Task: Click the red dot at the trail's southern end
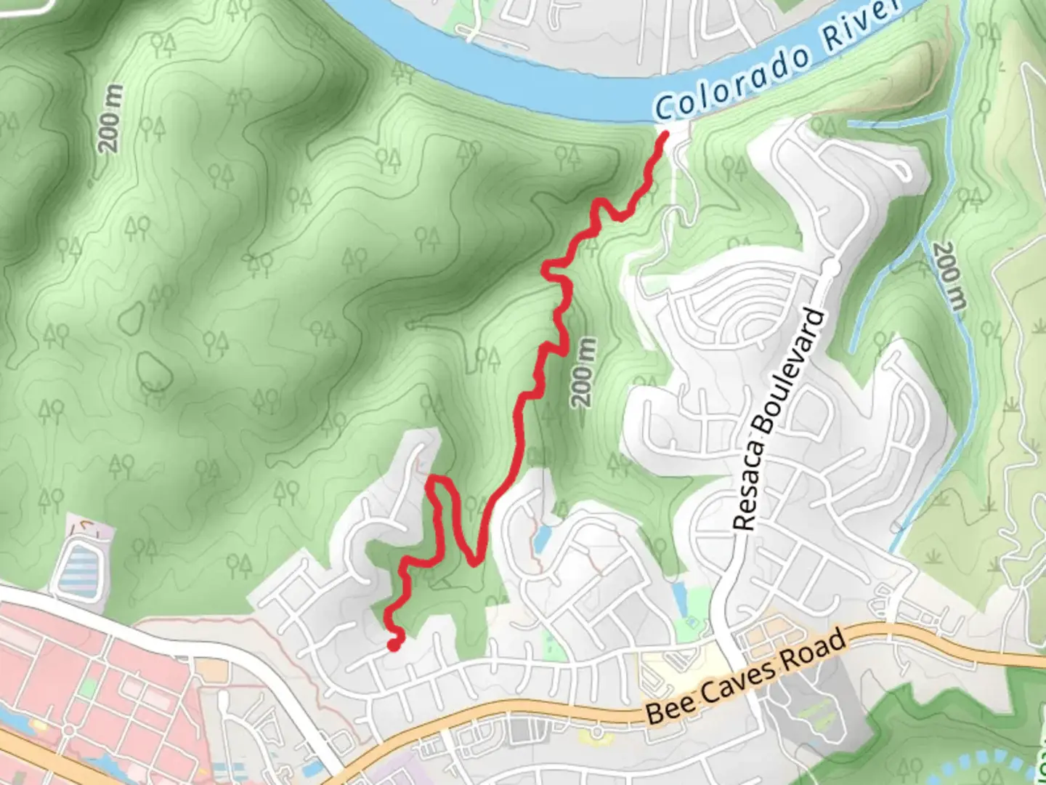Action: pos(393,645)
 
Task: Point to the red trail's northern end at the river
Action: pos(663,134)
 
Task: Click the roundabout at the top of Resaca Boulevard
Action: pos(832,267)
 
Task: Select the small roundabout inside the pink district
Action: pos(68,729)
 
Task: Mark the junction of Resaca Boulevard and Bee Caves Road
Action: pos(729,644)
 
